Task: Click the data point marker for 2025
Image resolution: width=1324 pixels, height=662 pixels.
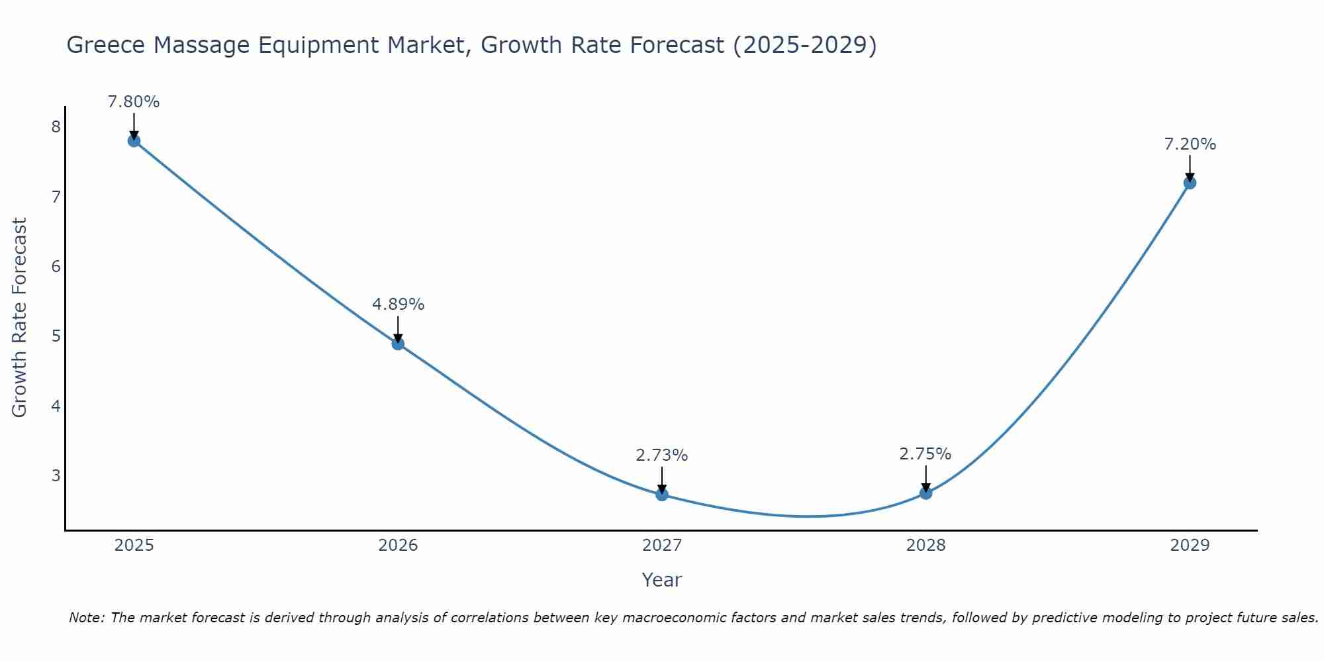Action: pyautogui.click(x=134, y=140)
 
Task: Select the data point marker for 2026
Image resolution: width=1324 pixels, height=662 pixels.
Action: pyautogui.click(x=398, y=344)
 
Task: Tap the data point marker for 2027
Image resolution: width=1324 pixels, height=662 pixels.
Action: pyautogui.click(x=662, y=494)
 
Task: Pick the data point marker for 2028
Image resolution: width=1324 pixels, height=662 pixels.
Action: pyautogui.click(x=925, y=493)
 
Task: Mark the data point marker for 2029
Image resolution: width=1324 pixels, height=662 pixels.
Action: pyautogui.click(x=1190, y=183)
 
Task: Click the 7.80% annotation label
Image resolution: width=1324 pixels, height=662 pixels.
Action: pyautogui.click(x=134, y=102)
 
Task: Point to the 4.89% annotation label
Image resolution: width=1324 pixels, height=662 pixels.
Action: pyautogui.click(x=398, y=305)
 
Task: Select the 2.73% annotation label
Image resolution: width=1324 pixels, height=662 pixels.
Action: pyautogui.click(x=662, y=455)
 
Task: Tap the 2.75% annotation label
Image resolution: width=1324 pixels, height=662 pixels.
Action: pyautogui.click(x=925, y=454)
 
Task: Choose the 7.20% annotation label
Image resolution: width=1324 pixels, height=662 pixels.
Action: pyautogui.click(x=1190, y=144)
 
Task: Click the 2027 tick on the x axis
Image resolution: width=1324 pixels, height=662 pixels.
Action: pyautogui.click(x=662, y=545)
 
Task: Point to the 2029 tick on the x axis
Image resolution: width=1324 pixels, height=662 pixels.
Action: pyautogui.click(x=1190, y=545)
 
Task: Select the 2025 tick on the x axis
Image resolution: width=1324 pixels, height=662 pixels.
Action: pyautogui.click(x=134, y=545)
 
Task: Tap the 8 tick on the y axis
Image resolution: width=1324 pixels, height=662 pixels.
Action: pyautogui.click(x=56, y=127)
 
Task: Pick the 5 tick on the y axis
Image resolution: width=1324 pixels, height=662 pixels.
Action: pyautogui.click(x=56, y=336)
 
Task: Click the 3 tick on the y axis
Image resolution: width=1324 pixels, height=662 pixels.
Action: pyautogui.click(x=56, y=475)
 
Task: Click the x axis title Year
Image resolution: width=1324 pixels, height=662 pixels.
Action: pyautogui.click(x=662, y=580)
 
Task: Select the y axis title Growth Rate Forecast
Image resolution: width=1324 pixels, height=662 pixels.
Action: pyautogui.click(x=20, y=318)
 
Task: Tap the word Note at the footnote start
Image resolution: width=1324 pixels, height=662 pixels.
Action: pyautogui.click(x=86, y=618)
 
